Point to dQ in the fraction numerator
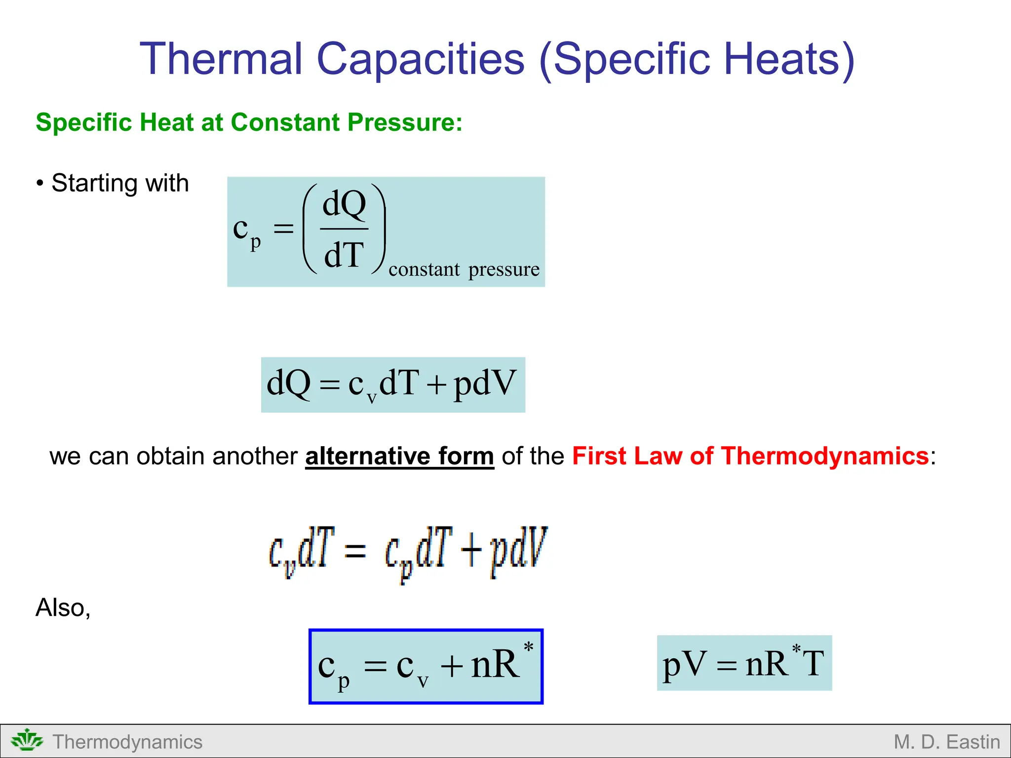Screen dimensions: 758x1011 coord(344,204)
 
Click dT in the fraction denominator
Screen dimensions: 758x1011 coord(344,255)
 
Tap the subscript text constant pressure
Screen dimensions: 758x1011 coord(464,269)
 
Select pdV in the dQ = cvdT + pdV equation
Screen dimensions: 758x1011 coord(485,384)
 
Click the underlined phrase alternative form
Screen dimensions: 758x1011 coord(399,455)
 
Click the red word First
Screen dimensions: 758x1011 coord(599,455)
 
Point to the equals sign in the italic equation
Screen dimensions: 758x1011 coord(355,550)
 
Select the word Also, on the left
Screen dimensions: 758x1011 coord(63,607)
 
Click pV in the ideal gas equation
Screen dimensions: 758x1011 coord(684,664)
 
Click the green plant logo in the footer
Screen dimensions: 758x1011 coord(27,741)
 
